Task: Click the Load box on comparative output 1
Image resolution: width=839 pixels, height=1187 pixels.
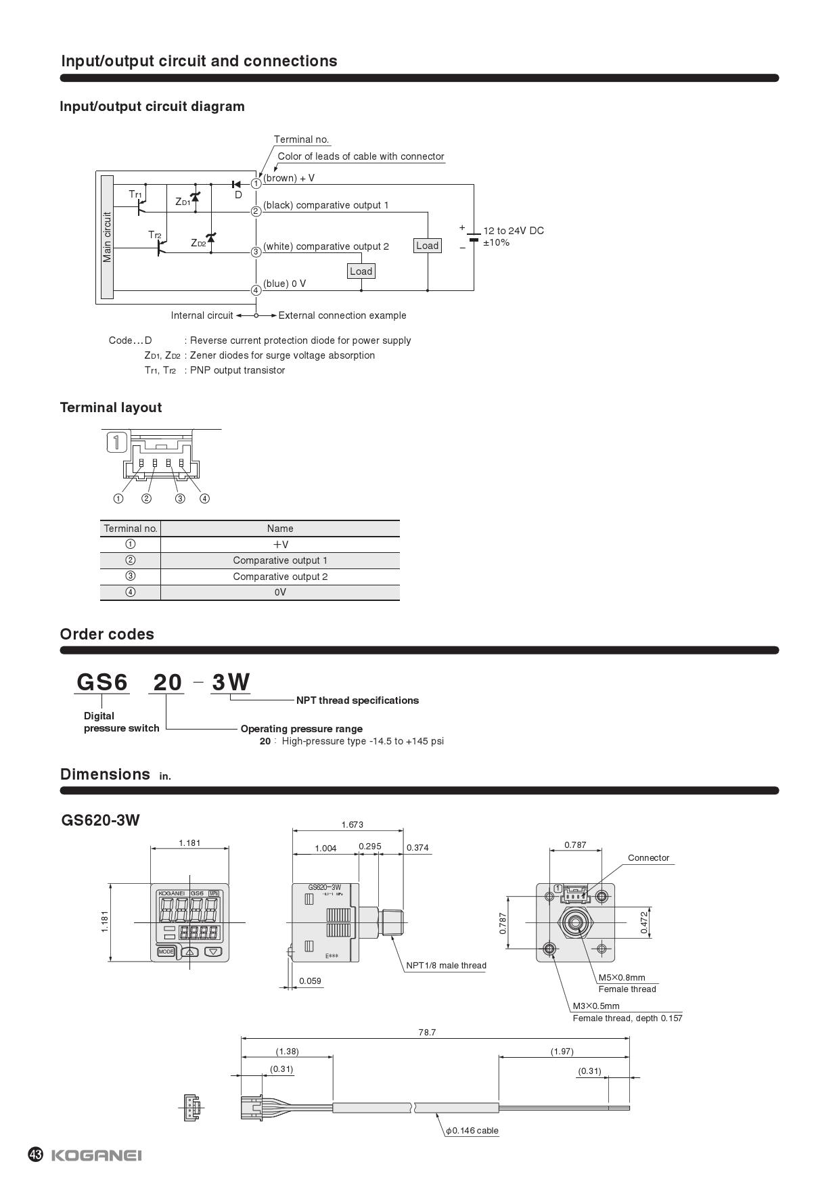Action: point(427,246)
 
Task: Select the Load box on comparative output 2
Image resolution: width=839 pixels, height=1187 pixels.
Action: point(361,271)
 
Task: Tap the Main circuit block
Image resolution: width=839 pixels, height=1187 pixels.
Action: point(107,237)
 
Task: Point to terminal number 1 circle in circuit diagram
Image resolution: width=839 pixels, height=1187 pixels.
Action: point(256,183)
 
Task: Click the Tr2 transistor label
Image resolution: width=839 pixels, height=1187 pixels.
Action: point(155,235)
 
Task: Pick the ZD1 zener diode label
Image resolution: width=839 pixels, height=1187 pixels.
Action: point(182,202)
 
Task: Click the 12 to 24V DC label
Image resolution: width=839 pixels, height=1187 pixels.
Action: point(513,231)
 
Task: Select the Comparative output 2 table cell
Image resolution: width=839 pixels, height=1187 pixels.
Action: point(280,577)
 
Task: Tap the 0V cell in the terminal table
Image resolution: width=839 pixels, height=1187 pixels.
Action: point(280,592)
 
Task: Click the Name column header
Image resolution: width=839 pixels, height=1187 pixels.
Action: point(280,529)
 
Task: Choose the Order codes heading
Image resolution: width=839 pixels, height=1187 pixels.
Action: point(107,634)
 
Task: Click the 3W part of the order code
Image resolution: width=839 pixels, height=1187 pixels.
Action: point(231,682)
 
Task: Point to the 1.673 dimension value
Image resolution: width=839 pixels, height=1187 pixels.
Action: point(352,824)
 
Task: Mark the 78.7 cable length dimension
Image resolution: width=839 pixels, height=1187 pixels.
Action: point(427,1032)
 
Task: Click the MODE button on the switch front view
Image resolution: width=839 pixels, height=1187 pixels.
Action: point(166,951)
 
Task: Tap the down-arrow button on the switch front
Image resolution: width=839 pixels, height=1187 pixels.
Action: point(214,951)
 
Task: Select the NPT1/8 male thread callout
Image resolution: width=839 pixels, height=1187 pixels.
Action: point(446,966)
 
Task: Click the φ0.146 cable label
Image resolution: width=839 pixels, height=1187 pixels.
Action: point(472,1130)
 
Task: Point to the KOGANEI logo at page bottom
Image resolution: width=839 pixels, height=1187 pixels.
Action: point(96,1155)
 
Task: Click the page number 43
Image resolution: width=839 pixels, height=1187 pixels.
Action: point(36,1155)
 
